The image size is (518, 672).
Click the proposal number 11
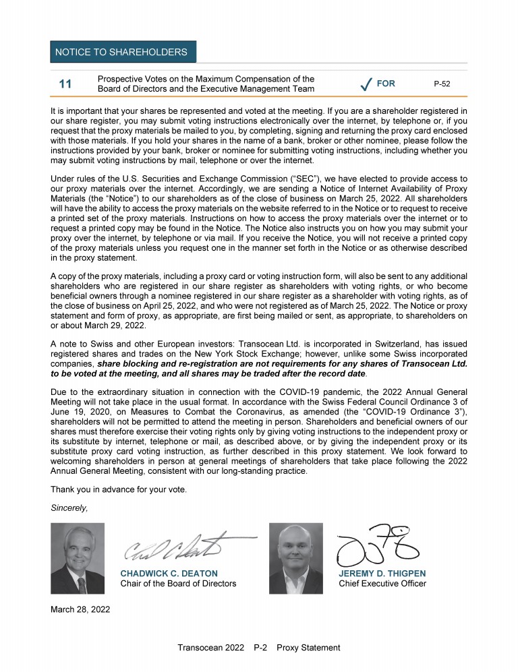click(65, 84)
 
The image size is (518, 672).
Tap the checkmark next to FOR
click(366, 85)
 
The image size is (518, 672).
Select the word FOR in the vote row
click(386, 84)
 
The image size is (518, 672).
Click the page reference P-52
click(442, 84)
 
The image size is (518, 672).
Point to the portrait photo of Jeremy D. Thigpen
click(295, 558)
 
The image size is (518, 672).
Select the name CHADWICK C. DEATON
click(169, 574)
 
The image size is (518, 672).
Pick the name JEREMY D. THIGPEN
click(382, 574)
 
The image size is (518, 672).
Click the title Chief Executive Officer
click(382, 584)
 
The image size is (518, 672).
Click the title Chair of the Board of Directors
click(178, 584)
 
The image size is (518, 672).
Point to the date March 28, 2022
click(81, 610)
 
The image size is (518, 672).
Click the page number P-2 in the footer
click(261, 648)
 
